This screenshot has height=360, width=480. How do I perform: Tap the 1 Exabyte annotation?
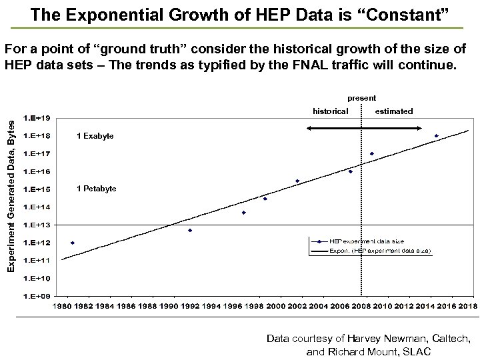(95, 136)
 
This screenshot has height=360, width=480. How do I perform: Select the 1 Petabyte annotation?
(97, 189)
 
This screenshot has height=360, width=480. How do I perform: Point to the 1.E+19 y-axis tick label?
(37, 119)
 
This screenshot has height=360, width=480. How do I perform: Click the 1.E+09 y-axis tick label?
(37, 295)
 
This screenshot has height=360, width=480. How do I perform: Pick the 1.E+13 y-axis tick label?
(37, 224)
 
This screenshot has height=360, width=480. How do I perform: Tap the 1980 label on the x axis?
(62, 306)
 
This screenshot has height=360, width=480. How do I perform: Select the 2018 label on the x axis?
(467, 306)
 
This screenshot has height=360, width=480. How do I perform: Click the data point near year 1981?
(72, 243)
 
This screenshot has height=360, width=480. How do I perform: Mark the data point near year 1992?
(190, 231)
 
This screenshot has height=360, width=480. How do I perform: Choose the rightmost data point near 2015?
(436, 136)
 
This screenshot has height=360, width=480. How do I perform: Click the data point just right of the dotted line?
(372, 154)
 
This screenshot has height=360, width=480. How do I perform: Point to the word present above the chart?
(361, 98)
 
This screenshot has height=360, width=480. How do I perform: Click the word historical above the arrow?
(331, 111)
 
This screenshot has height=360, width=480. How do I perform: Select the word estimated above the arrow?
(394, 111)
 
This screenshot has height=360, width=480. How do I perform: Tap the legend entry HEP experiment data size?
(367, 241)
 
